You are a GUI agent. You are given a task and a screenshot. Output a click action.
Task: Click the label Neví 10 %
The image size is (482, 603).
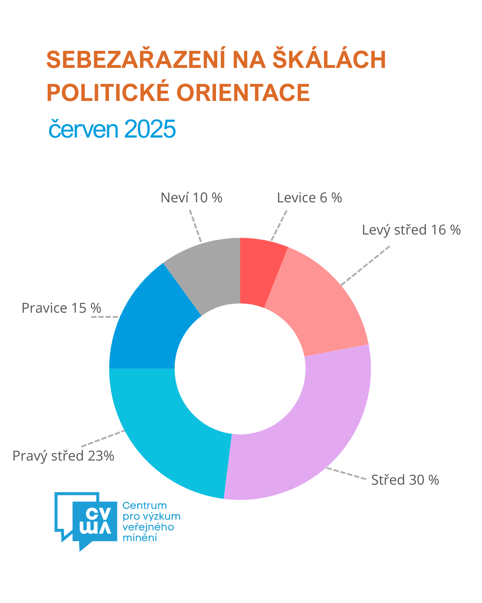pyautogui.click(x=191, y=197)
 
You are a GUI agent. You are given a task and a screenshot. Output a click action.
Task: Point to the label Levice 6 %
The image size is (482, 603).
pyautogui.click(x=309, y=197)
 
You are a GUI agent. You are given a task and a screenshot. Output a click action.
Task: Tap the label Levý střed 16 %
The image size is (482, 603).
pyautogui.click(x=411, y=230)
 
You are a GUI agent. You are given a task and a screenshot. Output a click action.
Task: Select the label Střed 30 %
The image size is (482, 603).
pyautogui.click(x=405, y=480)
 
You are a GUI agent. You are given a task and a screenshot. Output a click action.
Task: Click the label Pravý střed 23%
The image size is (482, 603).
pyautogui.click(x=63, y=456)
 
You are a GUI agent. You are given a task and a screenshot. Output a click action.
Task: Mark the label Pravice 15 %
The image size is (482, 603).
pyautogui.click(x=62, y=308)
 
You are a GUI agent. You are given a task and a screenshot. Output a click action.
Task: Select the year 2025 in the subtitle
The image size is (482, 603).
pyautogui.click(x=150, y=130)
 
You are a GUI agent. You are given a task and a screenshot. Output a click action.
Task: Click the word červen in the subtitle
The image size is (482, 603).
pyautogui.click(x=83, y=130)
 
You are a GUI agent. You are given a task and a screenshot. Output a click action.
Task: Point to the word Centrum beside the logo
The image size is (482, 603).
pyautogui.click(x=144, y=506)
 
